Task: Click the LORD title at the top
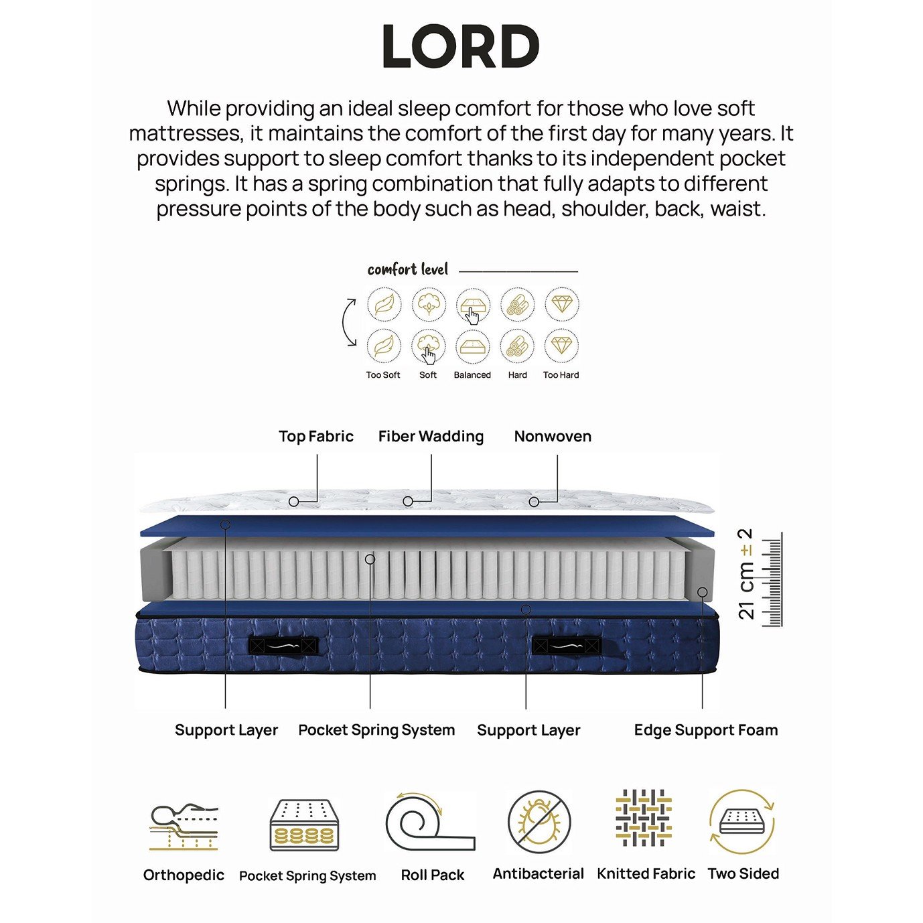click(x=461, y=46)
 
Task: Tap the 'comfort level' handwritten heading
click(x=408, y=270)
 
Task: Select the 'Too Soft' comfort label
click(x=383, y=375)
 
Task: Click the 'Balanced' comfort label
click(x=472, y=375)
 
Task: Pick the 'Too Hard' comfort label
click(x=561, y=375)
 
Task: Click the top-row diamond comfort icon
click(x=562, y=303)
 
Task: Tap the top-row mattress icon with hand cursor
click(x=474, y=305)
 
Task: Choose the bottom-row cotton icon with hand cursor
click(x=429, y=347)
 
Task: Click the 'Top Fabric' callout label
click(x=316, y=436)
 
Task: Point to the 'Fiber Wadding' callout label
click(x=431, y=436)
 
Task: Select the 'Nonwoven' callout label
click(x=553, y=436)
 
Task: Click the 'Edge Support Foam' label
click(x=706, y=730)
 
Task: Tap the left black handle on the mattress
click(x=283, y=646)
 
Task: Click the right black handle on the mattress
click(x=567, y=646)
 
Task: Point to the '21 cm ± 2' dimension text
click(x=746, y=574)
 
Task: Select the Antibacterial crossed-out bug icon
click(x=539, y=822)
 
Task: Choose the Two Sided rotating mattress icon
click(x=742, y=822)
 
